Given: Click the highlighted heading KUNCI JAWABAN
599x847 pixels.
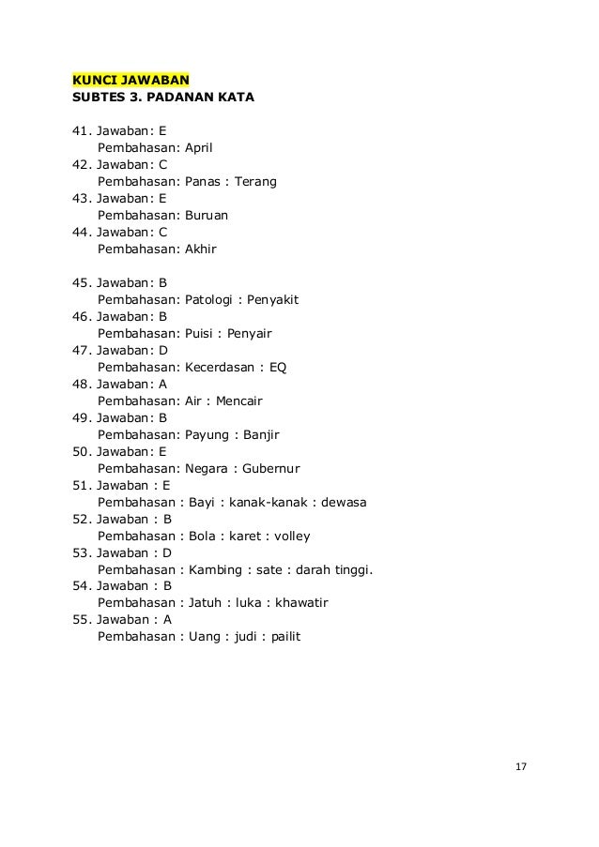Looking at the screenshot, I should (132, 77).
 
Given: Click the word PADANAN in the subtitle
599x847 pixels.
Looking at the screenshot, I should (189, 96).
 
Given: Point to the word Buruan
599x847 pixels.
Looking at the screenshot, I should (209, 216).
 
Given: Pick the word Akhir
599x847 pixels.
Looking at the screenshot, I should (201, 250).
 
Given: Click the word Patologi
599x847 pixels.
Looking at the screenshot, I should (210, 300).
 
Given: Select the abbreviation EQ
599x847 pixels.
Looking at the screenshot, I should (278, 368).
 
